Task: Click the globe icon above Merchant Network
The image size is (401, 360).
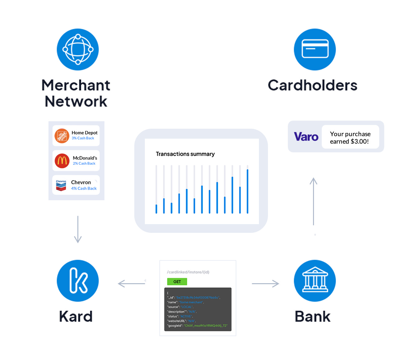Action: point(78,49)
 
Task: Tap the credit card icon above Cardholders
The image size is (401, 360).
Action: point(315,49)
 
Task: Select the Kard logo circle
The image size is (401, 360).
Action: point(78,281)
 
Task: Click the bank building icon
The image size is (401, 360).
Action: point(315,281)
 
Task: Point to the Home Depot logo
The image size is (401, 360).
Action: point(62,136)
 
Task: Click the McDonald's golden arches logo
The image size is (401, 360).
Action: point(62,161)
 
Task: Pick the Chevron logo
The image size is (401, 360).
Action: point(61,185)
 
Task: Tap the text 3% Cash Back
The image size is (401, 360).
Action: point(83,138)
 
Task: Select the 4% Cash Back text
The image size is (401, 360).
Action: point(84,188)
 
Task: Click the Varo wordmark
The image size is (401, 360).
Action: point(306,137)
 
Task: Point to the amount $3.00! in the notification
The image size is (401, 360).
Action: point(359,141)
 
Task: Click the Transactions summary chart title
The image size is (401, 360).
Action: point(185,154)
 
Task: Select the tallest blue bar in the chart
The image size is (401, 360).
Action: point(247,191)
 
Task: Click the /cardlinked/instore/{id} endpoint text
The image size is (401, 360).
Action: point(188,272)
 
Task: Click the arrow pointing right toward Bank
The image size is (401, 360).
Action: point(265,284)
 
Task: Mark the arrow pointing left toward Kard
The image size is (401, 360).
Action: point(131,284)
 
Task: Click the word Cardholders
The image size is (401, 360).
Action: point(312,85)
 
